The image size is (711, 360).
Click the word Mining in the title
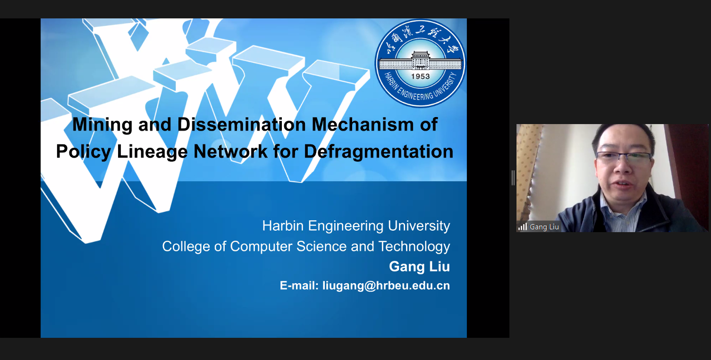[x=102, y=125]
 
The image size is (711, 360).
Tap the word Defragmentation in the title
[x=379, y=152]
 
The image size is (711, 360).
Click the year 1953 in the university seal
[x=420, y=76]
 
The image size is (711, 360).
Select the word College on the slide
[x=186, y=247]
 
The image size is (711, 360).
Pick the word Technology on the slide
[x=414, y=247]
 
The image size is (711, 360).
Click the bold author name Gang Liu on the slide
[x=419, y=267]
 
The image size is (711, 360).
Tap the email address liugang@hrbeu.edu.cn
[x=386, y=286]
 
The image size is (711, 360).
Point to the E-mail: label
[x=299, y=286]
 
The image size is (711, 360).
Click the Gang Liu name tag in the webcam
[x=544, y=227]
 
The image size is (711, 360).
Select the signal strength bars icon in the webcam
[x=523, y=227]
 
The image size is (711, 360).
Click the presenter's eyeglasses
[x=624, y=157]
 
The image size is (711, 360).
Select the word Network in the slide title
[x=230, y=152]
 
